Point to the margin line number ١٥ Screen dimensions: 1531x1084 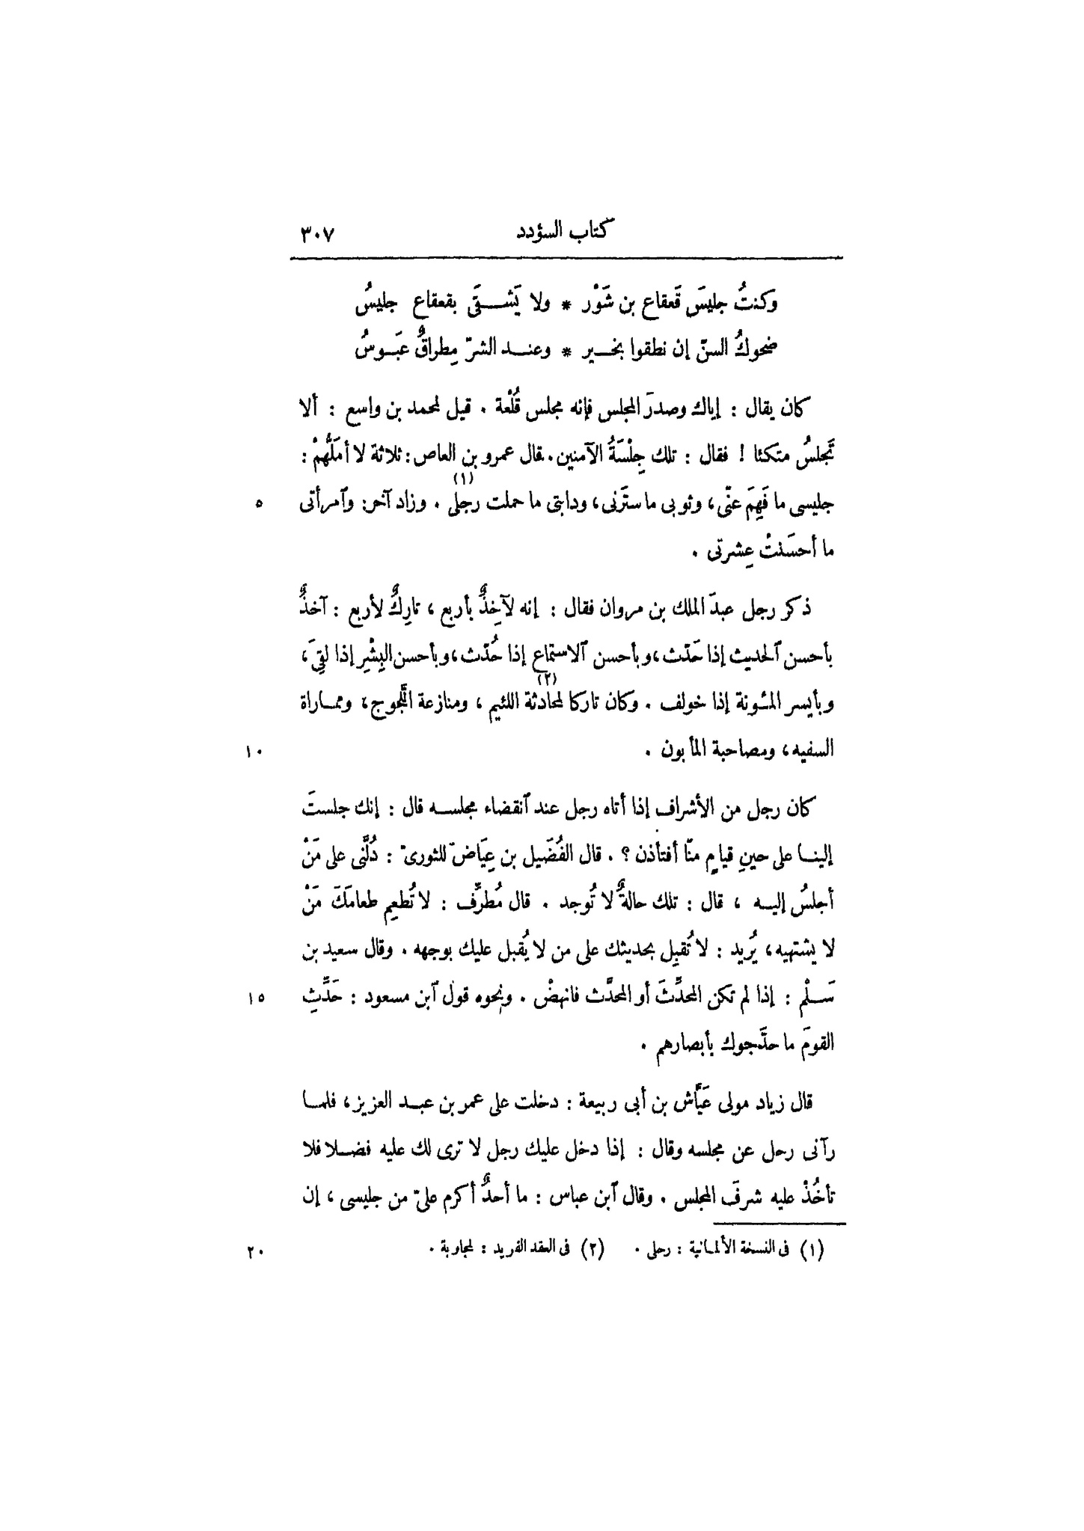pyautogui.click(x=252, y=997)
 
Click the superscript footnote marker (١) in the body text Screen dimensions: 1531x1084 pyautogui.click(x=462, y=478)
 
